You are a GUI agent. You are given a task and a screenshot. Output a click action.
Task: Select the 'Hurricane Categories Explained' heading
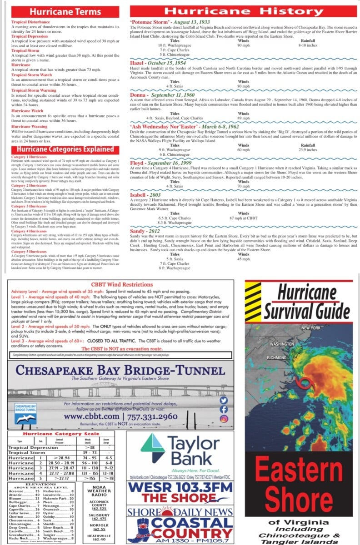pos(65,149)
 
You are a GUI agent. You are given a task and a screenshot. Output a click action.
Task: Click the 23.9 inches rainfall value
pos(307,149)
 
